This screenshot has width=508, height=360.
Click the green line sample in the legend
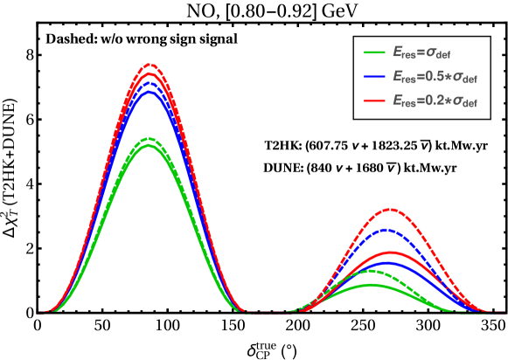coord(375,52)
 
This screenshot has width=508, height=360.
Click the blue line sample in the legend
coord(375,77)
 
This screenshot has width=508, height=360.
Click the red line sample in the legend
coord(375,100)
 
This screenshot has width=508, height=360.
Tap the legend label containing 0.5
coord(434,77)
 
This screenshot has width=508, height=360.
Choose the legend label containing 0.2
coord(434,100)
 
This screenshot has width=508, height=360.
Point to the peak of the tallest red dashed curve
coord(150,64)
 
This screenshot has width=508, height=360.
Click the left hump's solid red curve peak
coord(150,73)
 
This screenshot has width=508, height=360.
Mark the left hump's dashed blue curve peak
coord(150,83)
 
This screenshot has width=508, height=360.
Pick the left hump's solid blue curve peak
coord(150,91)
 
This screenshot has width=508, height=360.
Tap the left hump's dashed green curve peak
coord(150,138)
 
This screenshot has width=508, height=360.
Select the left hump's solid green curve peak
coord(150,145)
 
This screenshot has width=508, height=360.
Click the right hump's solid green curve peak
coord(371,284)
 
